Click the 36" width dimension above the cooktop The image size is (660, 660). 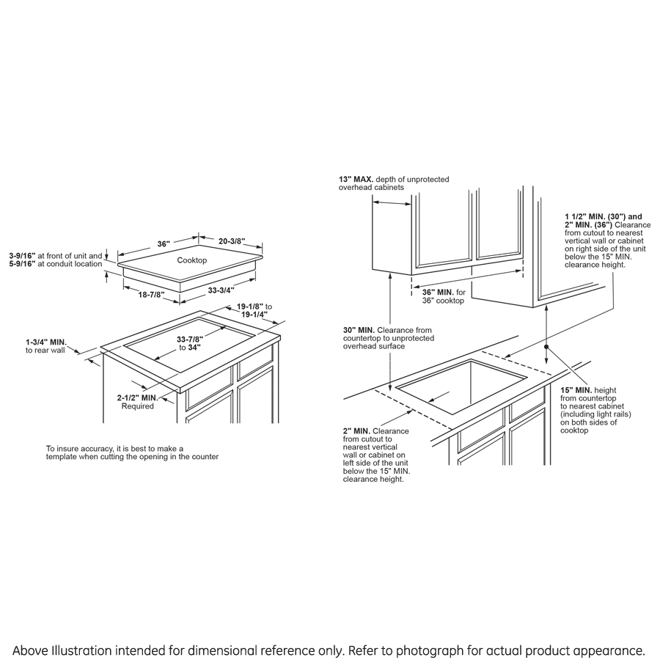163,243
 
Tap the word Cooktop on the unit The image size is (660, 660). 192,260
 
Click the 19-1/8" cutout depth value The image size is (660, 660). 250,306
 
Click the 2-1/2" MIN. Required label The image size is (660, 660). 138,397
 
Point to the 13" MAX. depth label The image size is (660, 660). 356,179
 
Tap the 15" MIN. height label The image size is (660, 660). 576,389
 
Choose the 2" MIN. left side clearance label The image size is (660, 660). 356,430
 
